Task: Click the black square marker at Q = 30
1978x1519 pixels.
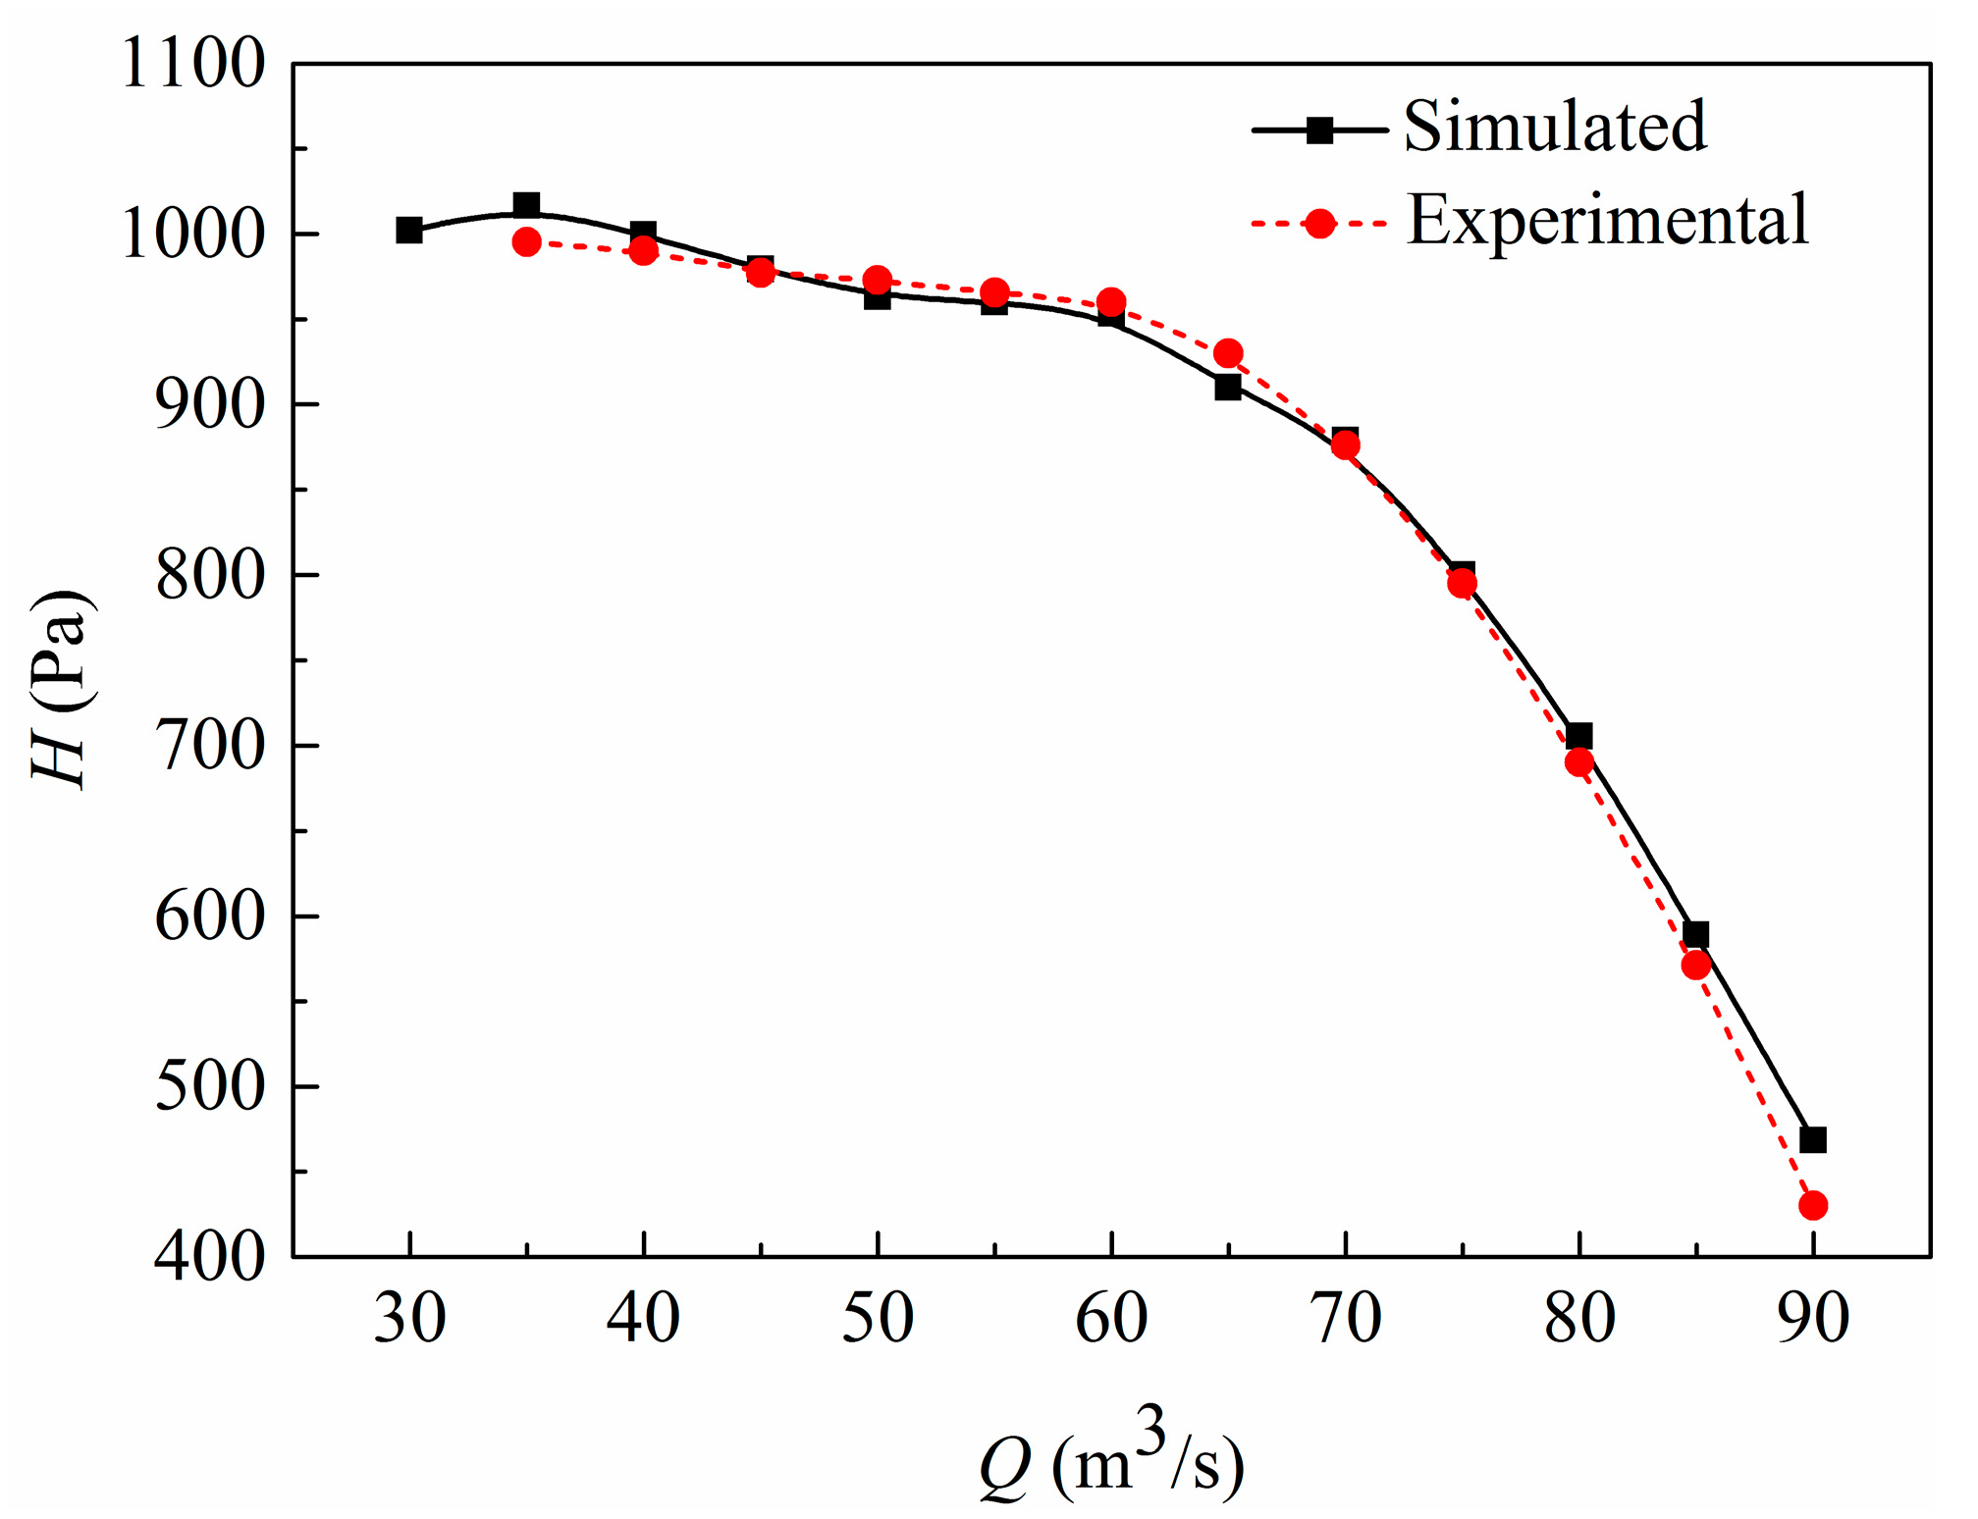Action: point(409,231)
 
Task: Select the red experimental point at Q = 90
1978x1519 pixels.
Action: point(1813,1205)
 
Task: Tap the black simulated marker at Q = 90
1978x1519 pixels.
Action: point(1813,1140)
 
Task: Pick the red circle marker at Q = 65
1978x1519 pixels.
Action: point(1228,353)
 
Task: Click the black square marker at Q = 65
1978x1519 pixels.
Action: point(1228,388)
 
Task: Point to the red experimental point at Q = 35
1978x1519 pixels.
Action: point(527,241)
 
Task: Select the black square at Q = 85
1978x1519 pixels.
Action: point(1696,934)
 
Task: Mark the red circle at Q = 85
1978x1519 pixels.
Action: point(1696,965)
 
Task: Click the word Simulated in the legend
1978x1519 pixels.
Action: point(1556,127)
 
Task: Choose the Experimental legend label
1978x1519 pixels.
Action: point(1608,221)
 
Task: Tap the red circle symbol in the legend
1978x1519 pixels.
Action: point(1320,224)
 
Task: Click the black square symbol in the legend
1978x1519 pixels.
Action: point(1320,130)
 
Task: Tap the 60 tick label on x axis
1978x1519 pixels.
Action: point(1111,1318)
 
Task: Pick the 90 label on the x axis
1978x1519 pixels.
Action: point(1813,1318)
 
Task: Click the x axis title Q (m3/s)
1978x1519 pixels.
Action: point(1112,1464)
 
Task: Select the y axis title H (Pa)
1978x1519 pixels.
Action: point(63,689)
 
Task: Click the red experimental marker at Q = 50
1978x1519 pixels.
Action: point(878,281)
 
